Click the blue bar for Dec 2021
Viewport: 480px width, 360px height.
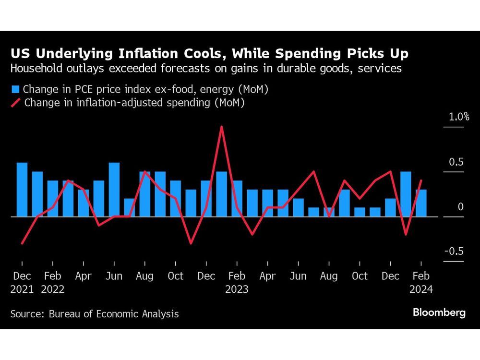pos(22,190)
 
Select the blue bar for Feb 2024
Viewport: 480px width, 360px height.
pos(421,203)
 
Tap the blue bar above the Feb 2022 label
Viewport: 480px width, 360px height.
pos(53,199)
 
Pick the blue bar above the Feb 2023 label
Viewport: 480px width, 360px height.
pos(237,199)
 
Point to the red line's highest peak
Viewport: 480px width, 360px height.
pos(221,127)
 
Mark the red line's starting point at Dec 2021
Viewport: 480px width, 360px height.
pos(22,243)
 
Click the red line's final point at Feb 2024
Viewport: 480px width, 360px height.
pos(421,181)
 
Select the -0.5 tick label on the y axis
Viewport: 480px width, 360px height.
pos(454,252)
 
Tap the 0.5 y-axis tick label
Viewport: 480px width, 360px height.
pos(456,162)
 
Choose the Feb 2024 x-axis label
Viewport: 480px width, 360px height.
pos(421,283)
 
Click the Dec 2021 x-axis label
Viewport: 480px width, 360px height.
pos(22,283)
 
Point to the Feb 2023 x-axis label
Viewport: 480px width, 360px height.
pos(237,283)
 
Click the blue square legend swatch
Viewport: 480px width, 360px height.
pos(15,89)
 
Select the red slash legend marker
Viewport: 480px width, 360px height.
pos(15,102)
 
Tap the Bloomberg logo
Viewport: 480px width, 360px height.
pos(439,312)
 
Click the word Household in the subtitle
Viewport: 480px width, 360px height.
pos(38,69)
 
